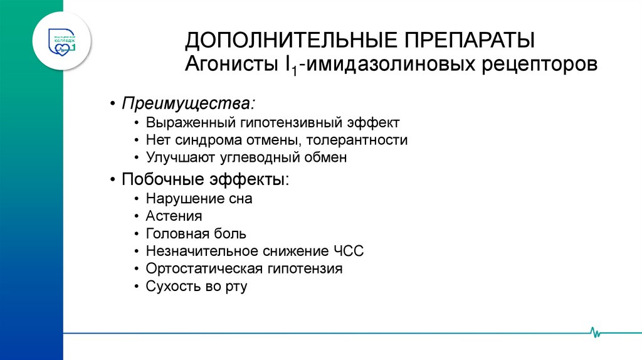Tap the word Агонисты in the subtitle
229,65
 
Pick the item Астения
174,216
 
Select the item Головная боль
196,234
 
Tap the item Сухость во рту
196,287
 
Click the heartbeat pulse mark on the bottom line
594,332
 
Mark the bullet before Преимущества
112,103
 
